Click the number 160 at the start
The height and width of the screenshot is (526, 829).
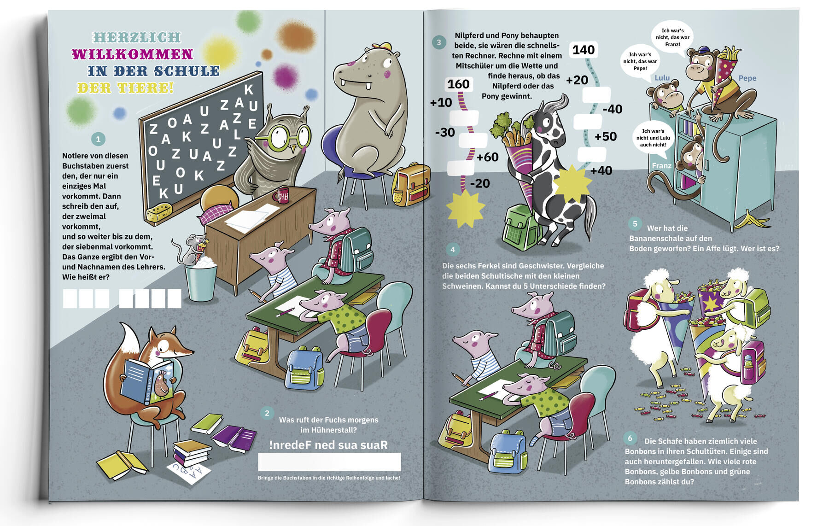coord(458,84)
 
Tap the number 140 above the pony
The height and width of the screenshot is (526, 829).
coord(584,50)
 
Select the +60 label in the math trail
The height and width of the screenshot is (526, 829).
coord(488,157)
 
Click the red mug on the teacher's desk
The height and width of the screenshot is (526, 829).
coord(281,195)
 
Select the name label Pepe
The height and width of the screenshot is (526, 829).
coord(747,78)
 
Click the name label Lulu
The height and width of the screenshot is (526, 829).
coord(662,78)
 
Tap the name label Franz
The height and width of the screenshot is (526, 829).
coord(661,166)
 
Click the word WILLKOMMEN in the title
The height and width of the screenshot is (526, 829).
coord(132,54)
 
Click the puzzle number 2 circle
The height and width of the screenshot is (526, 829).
coord(267,413)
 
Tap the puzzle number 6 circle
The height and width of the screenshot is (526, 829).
coord(630,438)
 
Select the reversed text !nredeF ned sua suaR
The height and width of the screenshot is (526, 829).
coord(328,445)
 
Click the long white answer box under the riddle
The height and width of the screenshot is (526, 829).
coord(329,462)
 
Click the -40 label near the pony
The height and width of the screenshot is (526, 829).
coord(613,109)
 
